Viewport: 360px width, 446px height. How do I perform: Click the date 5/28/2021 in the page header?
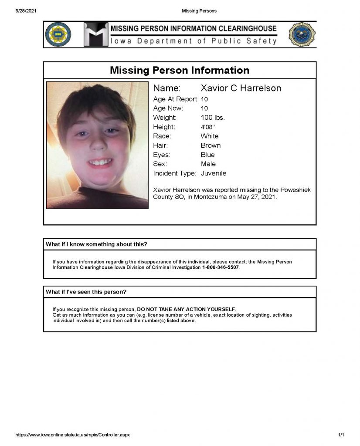pos(25,10)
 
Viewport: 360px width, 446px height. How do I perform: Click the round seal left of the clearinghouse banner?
pos(58,34)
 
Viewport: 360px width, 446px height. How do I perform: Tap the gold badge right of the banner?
pos(302,35)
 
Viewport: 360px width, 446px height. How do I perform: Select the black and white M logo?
pos(95,34)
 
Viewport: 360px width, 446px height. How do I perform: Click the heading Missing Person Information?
pos(180,70)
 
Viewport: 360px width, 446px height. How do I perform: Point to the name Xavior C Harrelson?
pos(241,88)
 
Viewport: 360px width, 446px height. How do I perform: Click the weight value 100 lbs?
pos(213,118)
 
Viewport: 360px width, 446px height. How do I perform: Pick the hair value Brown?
pos(211,145)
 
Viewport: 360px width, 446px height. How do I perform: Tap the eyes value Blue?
pos(207,155)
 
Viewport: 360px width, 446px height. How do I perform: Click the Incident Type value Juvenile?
pos(214,173)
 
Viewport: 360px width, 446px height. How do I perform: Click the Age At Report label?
pos(176,99)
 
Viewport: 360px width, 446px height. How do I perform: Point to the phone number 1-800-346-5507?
pos(221,267)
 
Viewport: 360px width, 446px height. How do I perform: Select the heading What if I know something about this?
pos(96,244)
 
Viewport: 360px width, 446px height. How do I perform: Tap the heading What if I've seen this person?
pos(86,292)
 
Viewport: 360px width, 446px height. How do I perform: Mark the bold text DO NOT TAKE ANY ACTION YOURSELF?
pos(186,309)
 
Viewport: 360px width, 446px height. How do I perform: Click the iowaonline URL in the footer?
pos(72,435)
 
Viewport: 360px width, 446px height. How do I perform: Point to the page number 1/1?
pos(341,435)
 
